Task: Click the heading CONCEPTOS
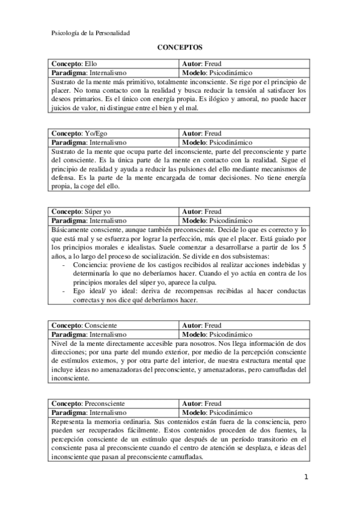(x=180, y=46)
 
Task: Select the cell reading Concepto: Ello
(x=113, y=63)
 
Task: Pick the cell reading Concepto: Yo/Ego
(x=113, y=134)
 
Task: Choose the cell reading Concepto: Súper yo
(x=113, y=212)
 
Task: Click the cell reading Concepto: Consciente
(x=113, y=325)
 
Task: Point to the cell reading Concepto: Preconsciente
(x=113, y=404)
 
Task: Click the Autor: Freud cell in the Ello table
(x=244, y=63)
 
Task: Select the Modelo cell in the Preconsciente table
(x=244, y=413)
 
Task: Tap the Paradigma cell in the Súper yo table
(x=113, y=221)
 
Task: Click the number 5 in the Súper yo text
(x=304, y=247)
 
